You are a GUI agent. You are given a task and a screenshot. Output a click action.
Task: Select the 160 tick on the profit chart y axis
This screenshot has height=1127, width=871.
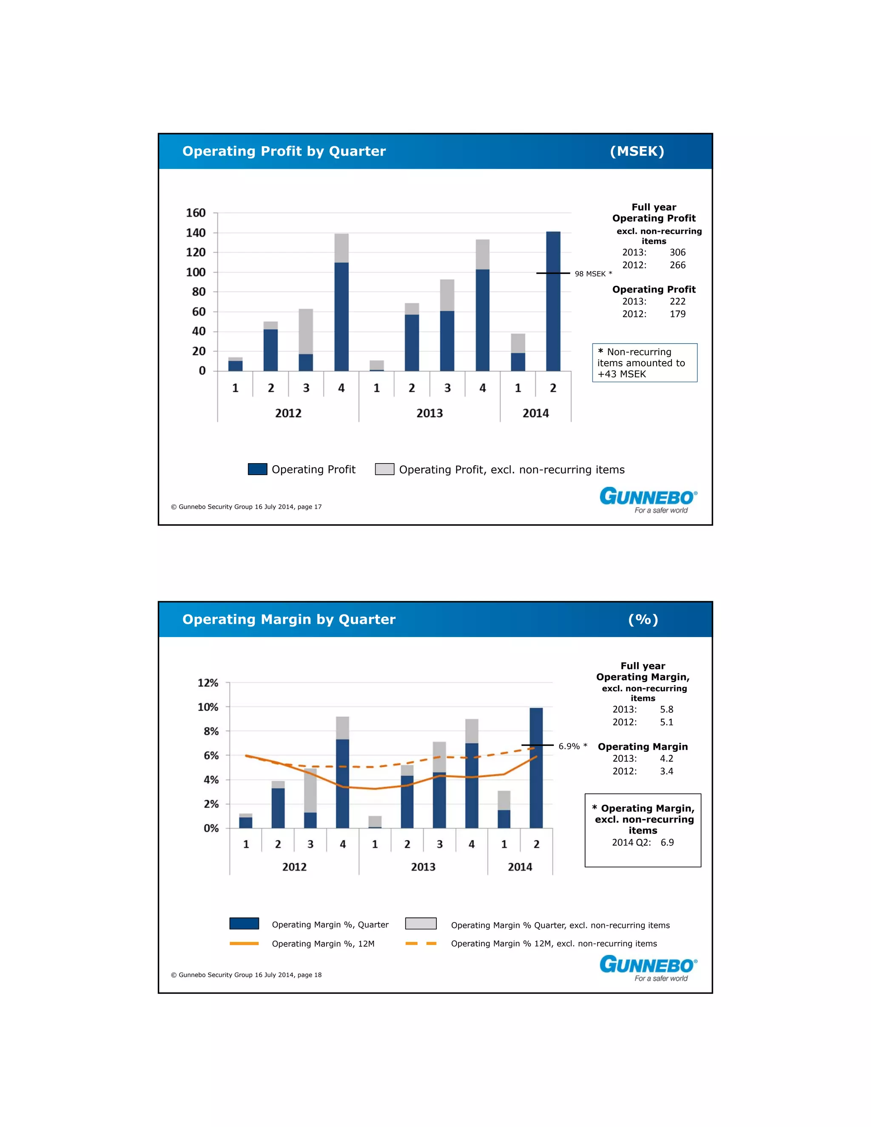click(196, 213)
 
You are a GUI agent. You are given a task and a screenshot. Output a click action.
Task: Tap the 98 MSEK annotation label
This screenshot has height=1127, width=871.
click(593, 274)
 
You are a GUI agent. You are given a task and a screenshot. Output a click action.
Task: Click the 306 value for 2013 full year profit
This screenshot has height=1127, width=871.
click(677, 252)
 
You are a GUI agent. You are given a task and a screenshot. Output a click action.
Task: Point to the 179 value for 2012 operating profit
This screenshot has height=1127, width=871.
click(677, 314)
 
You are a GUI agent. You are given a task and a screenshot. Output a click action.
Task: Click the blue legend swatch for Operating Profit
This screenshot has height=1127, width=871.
click(257, 469)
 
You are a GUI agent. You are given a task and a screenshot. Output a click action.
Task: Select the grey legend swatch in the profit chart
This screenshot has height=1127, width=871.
click(384, 469)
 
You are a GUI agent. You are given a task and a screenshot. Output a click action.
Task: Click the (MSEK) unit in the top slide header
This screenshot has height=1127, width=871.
click(637, 151)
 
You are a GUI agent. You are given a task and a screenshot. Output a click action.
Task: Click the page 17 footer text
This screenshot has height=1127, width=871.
click(246, 507)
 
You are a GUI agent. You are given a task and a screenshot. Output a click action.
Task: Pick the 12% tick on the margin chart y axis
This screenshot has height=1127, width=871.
click(208, 683)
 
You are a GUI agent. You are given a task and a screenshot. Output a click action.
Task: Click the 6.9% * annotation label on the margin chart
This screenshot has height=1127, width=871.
click(573, 746)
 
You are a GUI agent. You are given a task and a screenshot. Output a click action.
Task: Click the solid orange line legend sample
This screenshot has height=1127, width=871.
click(244, 943)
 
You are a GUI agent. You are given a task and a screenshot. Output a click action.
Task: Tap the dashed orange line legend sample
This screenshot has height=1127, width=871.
click(421, 943)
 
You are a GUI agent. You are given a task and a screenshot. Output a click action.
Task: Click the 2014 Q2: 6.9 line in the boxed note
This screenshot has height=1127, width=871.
click(643, 842)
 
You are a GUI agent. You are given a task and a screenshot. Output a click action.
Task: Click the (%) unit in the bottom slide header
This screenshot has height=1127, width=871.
click(643, 619)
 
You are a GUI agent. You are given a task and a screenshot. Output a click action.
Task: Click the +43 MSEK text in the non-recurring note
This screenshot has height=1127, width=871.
click(621, 374)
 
